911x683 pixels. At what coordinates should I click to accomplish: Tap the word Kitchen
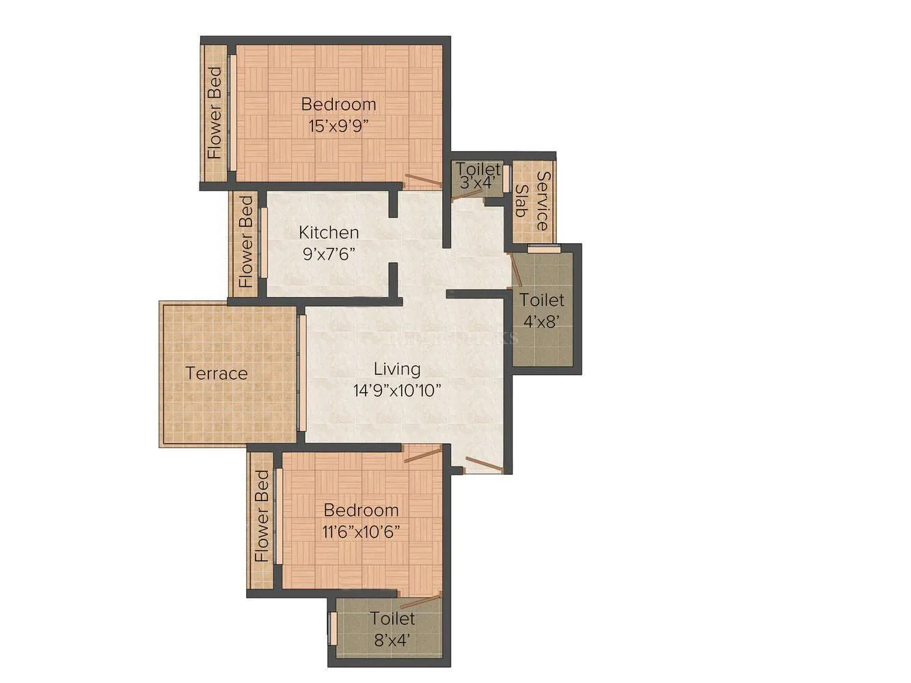click(329, 232)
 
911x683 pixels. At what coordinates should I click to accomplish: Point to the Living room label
click(396, 369)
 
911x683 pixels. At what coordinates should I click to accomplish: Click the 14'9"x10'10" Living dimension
click(396, 391)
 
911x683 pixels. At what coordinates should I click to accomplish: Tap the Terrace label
click(217, 374)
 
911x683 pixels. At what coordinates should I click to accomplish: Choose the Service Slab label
click(532, 201)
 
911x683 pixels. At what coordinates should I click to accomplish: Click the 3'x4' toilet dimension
click(478, 182)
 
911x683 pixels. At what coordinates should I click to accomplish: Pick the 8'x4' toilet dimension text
click(392, 640)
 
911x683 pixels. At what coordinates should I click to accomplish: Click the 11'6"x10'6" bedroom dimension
click(361, 531)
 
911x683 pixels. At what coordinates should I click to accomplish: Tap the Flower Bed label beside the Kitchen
click(245, 242)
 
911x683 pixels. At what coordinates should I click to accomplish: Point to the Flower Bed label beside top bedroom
click(215, 113)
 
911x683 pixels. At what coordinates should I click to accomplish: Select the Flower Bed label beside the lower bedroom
click(262, 516)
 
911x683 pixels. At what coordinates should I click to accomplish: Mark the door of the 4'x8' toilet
click(517, 270)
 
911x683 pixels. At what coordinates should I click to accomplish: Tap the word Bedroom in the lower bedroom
click(361, 510)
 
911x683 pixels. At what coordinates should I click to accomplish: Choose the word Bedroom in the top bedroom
click(338, 104)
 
